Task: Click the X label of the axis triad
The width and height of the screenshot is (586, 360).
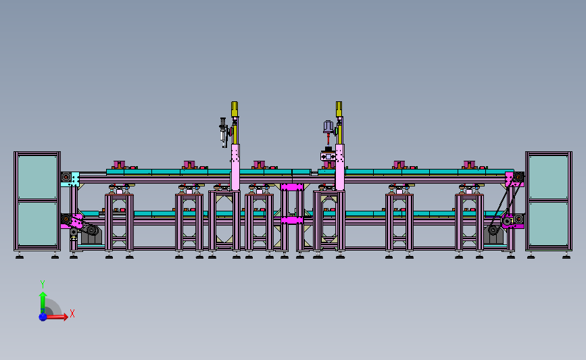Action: coord(72,313)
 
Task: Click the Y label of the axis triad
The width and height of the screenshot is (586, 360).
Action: coord(42,284)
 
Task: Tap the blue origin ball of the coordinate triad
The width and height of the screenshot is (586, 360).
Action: coord(43,316)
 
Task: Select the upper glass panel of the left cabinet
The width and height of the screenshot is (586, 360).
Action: coord(37,176)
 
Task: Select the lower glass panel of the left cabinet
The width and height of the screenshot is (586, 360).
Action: coord(37,224)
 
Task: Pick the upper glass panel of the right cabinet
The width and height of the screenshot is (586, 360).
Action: coord(548,176)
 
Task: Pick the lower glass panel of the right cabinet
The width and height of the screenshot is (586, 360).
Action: coord(548,224)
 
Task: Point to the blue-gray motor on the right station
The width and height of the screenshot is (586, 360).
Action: coord(327,128)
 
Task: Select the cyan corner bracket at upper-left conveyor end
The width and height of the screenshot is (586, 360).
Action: coord(74,179)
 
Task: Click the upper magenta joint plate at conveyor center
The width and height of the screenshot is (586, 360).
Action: coord(292,186)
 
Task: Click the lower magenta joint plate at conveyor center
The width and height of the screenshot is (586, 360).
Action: coord(292,220)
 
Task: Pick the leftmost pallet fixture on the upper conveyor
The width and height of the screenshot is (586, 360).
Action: coord(120,165)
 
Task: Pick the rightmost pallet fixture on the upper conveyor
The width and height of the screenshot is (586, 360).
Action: coord(470,165)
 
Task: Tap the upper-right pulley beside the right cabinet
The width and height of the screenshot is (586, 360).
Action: coord(517,179)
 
